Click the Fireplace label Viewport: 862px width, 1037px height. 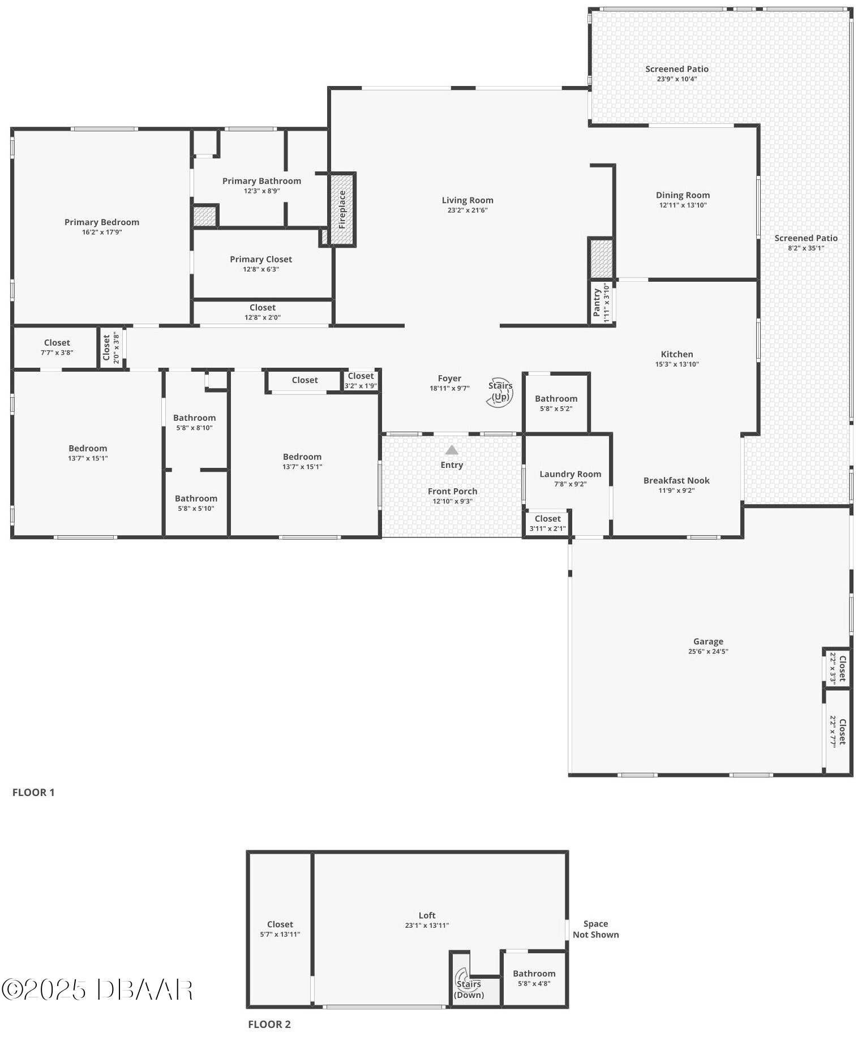pyautogui.click(x=342, y=209)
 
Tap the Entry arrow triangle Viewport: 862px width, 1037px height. pyautogui.click(x=451, y=450)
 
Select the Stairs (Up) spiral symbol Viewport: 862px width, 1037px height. pyautogui.click(x=500, y=392)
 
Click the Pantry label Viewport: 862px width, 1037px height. pyautogui.click(x=597, y=302)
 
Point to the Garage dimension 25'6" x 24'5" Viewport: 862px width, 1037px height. pyautogui.click(x=708, y=651)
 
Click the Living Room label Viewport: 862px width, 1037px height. pyautogui.click(x=468, y=200)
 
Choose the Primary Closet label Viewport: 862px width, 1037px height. pyautogui.click(x=261, y=259)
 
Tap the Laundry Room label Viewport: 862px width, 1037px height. pyautogui.click(x=570, y=474)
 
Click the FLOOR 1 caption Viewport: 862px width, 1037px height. pyautogui.click(x=33, y=792)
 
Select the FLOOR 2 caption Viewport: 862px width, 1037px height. pyautogui.click(x=269, y=1024)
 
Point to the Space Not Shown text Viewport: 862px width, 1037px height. pyautogui.click(x=595, y=929)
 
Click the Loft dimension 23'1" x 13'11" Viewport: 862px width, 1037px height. pyautogui.click(x=427, y=926)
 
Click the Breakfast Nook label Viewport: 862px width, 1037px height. pyautogui.click(x=676, y=480)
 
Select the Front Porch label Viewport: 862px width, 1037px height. pyautogui.click(x=452, y=491)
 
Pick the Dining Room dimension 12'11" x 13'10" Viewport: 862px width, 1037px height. pyautogui.click(x=683, y=205)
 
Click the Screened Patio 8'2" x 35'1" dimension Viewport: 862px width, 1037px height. pyautogui.click(x=806, y=248)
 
